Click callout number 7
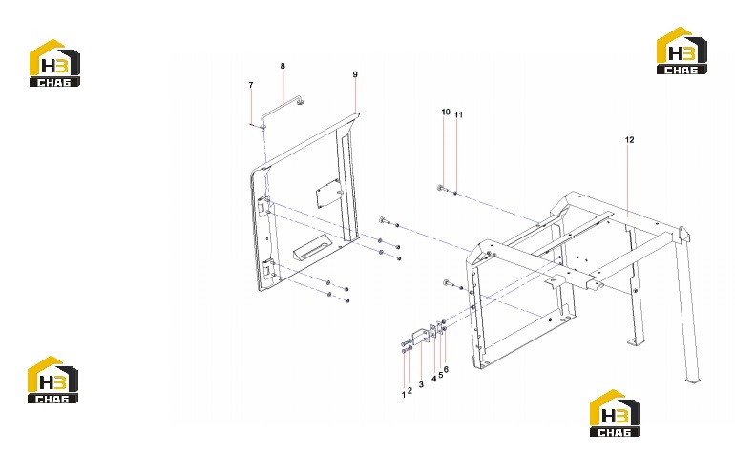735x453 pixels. point(251,85)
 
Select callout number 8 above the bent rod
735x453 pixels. point(283,66)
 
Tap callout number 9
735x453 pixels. point(355,74)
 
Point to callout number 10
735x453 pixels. point(446,112)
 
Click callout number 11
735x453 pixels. point(458,114)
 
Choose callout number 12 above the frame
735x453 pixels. point(630,140)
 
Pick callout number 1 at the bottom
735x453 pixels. point(403,395)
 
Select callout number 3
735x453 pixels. point(421,384)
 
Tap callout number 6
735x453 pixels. point(446,370)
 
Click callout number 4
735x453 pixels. point(434,379)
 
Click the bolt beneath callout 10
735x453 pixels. point(441,188)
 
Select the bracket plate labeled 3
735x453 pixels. point(421,338)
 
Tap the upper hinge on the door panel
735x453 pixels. point(262,207)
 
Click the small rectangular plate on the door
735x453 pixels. point(328,193)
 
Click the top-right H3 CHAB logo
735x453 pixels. point(682,51)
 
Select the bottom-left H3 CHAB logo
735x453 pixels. point(52,380)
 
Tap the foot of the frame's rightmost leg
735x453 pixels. point(692,379)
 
